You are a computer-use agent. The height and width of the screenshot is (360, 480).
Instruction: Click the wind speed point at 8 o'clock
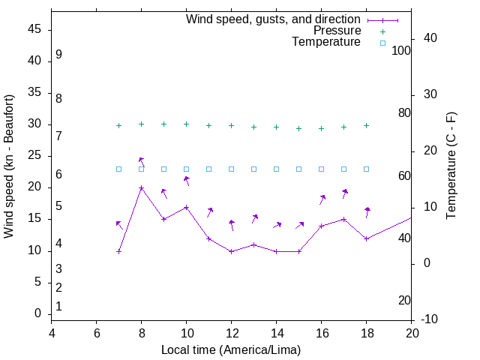click(x=141, y=188)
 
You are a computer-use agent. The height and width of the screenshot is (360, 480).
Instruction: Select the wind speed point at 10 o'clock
click(x=186, y=207)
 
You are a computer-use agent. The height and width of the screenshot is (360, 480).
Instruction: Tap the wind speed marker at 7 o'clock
click(x=118, y=251)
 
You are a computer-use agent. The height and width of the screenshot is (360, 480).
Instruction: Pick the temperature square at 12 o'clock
click(x=231, y=169)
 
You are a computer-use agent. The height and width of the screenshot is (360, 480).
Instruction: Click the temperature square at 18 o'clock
click(x=366, y=169)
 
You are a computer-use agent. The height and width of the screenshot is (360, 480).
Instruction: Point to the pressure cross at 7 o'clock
click(x=118, y=126)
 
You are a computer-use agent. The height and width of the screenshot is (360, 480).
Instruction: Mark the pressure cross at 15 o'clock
click(x=298, y=128)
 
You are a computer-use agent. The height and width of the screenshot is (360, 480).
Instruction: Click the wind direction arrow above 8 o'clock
click(x=141, y=161)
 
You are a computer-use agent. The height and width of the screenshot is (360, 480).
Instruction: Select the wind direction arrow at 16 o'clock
click(x=322, y=199)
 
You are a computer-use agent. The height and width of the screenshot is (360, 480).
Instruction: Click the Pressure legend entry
click(x=337, y=31)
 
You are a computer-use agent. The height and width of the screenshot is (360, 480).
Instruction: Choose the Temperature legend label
click(x=326, y=42)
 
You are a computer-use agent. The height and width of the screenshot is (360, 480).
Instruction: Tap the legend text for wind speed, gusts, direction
click(x=274, y=19)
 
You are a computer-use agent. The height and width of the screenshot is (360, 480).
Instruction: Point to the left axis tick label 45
click(x=34, y=30)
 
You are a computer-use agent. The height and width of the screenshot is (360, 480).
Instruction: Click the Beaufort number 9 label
click(x=58, y=55)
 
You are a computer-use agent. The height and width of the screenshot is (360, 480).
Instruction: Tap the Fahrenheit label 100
click(x=401, y=50)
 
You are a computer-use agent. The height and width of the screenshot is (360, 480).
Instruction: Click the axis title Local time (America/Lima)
click(x=231, y=349)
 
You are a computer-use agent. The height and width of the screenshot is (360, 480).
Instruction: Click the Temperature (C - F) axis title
click(x=451, y=166)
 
